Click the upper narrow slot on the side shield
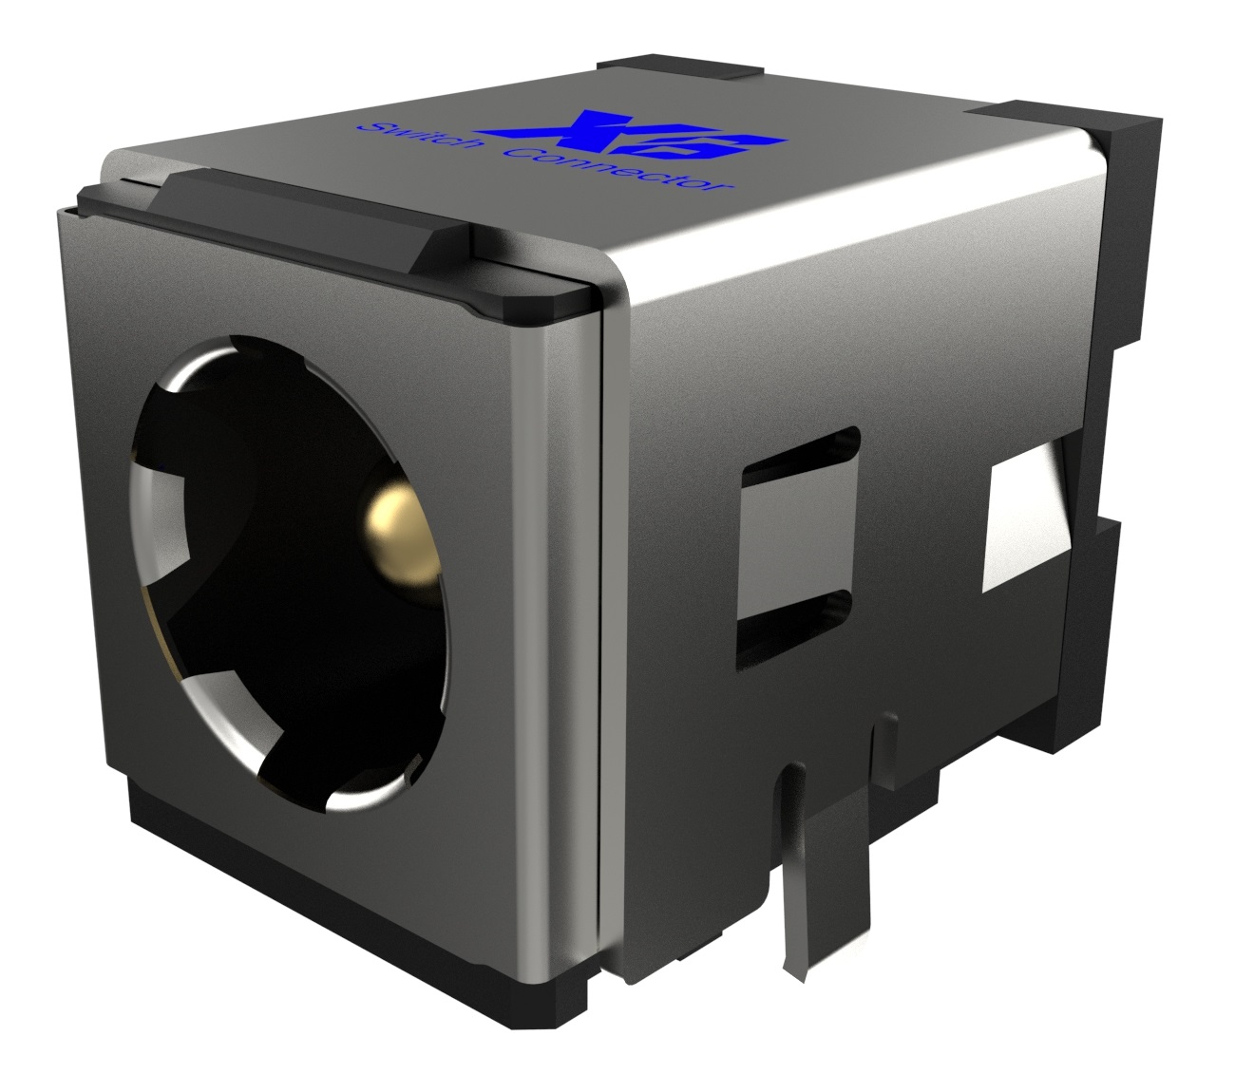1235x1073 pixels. click(801, 455)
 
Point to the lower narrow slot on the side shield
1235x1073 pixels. click(793, 631)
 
